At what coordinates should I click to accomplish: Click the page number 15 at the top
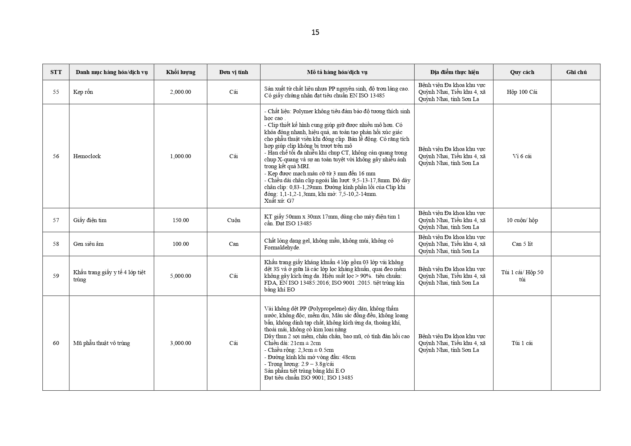(x=315, y=32)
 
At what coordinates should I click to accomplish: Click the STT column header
(x=56, y=72)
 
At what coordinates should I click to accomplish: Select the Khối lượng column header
(x=180, y=72)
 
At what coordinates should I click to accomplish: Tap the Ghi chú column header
(x=576, y=72)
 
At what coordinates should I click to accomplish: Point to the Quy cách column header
(x=522, y=72)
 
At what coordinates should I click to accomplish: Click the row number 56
(x=56, y=156)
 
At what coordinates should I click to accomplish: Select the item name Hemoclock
(x=87, y=156)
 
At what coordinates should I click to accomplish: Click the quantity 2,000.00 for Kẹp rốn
(x=180, y=92)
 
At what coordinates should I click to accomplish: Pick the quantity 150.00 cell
(x=180, y=220)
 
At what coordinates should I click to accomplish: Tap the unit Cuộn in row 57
(x=234, y=220)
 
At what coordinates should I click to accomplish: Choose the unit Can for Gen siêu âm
(x=234, y=244)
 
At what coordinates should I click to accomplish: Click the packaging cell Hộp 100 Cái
(x=522, y=92)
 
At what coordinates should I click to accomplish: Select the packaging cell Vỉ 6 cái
(x=522, y=156)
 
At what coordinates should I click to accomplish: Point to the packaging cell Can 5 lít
(x=522, y=244)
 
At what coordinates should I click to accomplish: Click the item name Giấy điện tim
(x=90, y=220)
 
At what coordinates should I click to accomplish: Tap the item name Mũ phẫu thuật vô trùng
(x=101, y=343)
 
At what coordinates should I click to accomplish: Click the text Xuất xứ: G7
(x=279, y=201)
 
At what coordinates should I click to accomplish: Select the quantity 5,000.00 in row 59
(x=180, y=276)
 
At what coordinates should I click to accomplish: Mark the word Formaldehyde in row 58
(x=282, y=248)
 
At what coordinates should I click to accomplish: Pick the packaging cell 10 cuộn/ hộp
(x=522, y=220)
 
